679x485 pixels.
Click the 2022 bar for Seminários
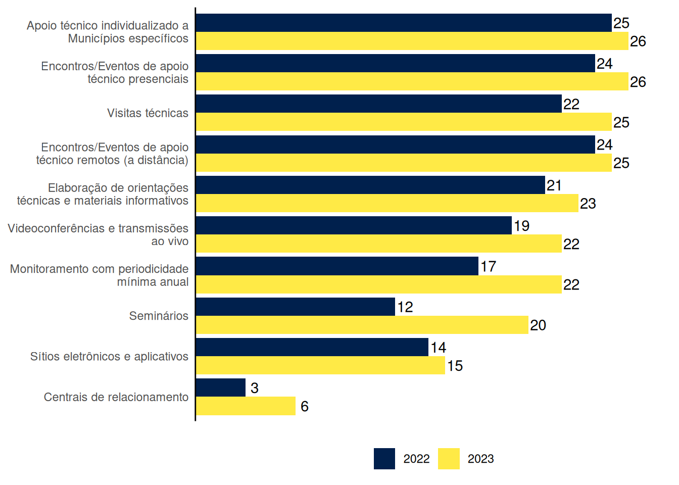pos(296,307)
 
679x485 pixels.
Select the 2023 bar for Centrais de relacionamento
pos(246,406)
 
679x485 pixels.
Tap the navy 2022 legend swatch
pos(384,459)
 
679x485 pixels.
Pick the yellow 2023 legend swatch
pos(449,459)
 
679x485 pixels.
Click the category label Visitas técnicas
pos(148,113)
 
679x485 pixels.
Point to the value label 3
pos(255,388)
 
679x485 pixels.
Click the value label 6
pos(305,406)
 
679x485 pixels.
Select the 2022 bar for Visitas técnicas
pos(379,104)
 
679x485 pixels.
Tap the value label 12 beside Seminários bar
pos(405,307)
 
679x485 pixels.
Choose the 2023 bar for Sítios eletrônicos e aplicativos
pos(321,365)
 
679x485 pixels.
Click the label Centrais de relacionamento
pos(116,397)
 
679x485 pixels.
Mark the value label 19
pos(522,226)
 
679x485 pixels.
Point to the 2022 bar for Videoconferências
pos(354,225)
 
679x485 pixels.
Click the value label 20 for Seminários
pos(538,325)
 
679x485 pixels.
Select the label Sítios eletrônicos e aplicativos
pos(109,357)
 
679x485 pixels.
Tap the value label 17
pos(489,266)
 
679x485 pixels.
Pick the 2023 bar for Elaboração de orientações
pos(387,203)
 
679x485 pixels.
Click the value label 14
pos(439,348)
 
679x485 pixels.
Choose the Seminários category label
pos(159,316)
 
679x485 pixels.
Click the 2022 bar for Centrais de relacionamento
pos(221,387)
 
